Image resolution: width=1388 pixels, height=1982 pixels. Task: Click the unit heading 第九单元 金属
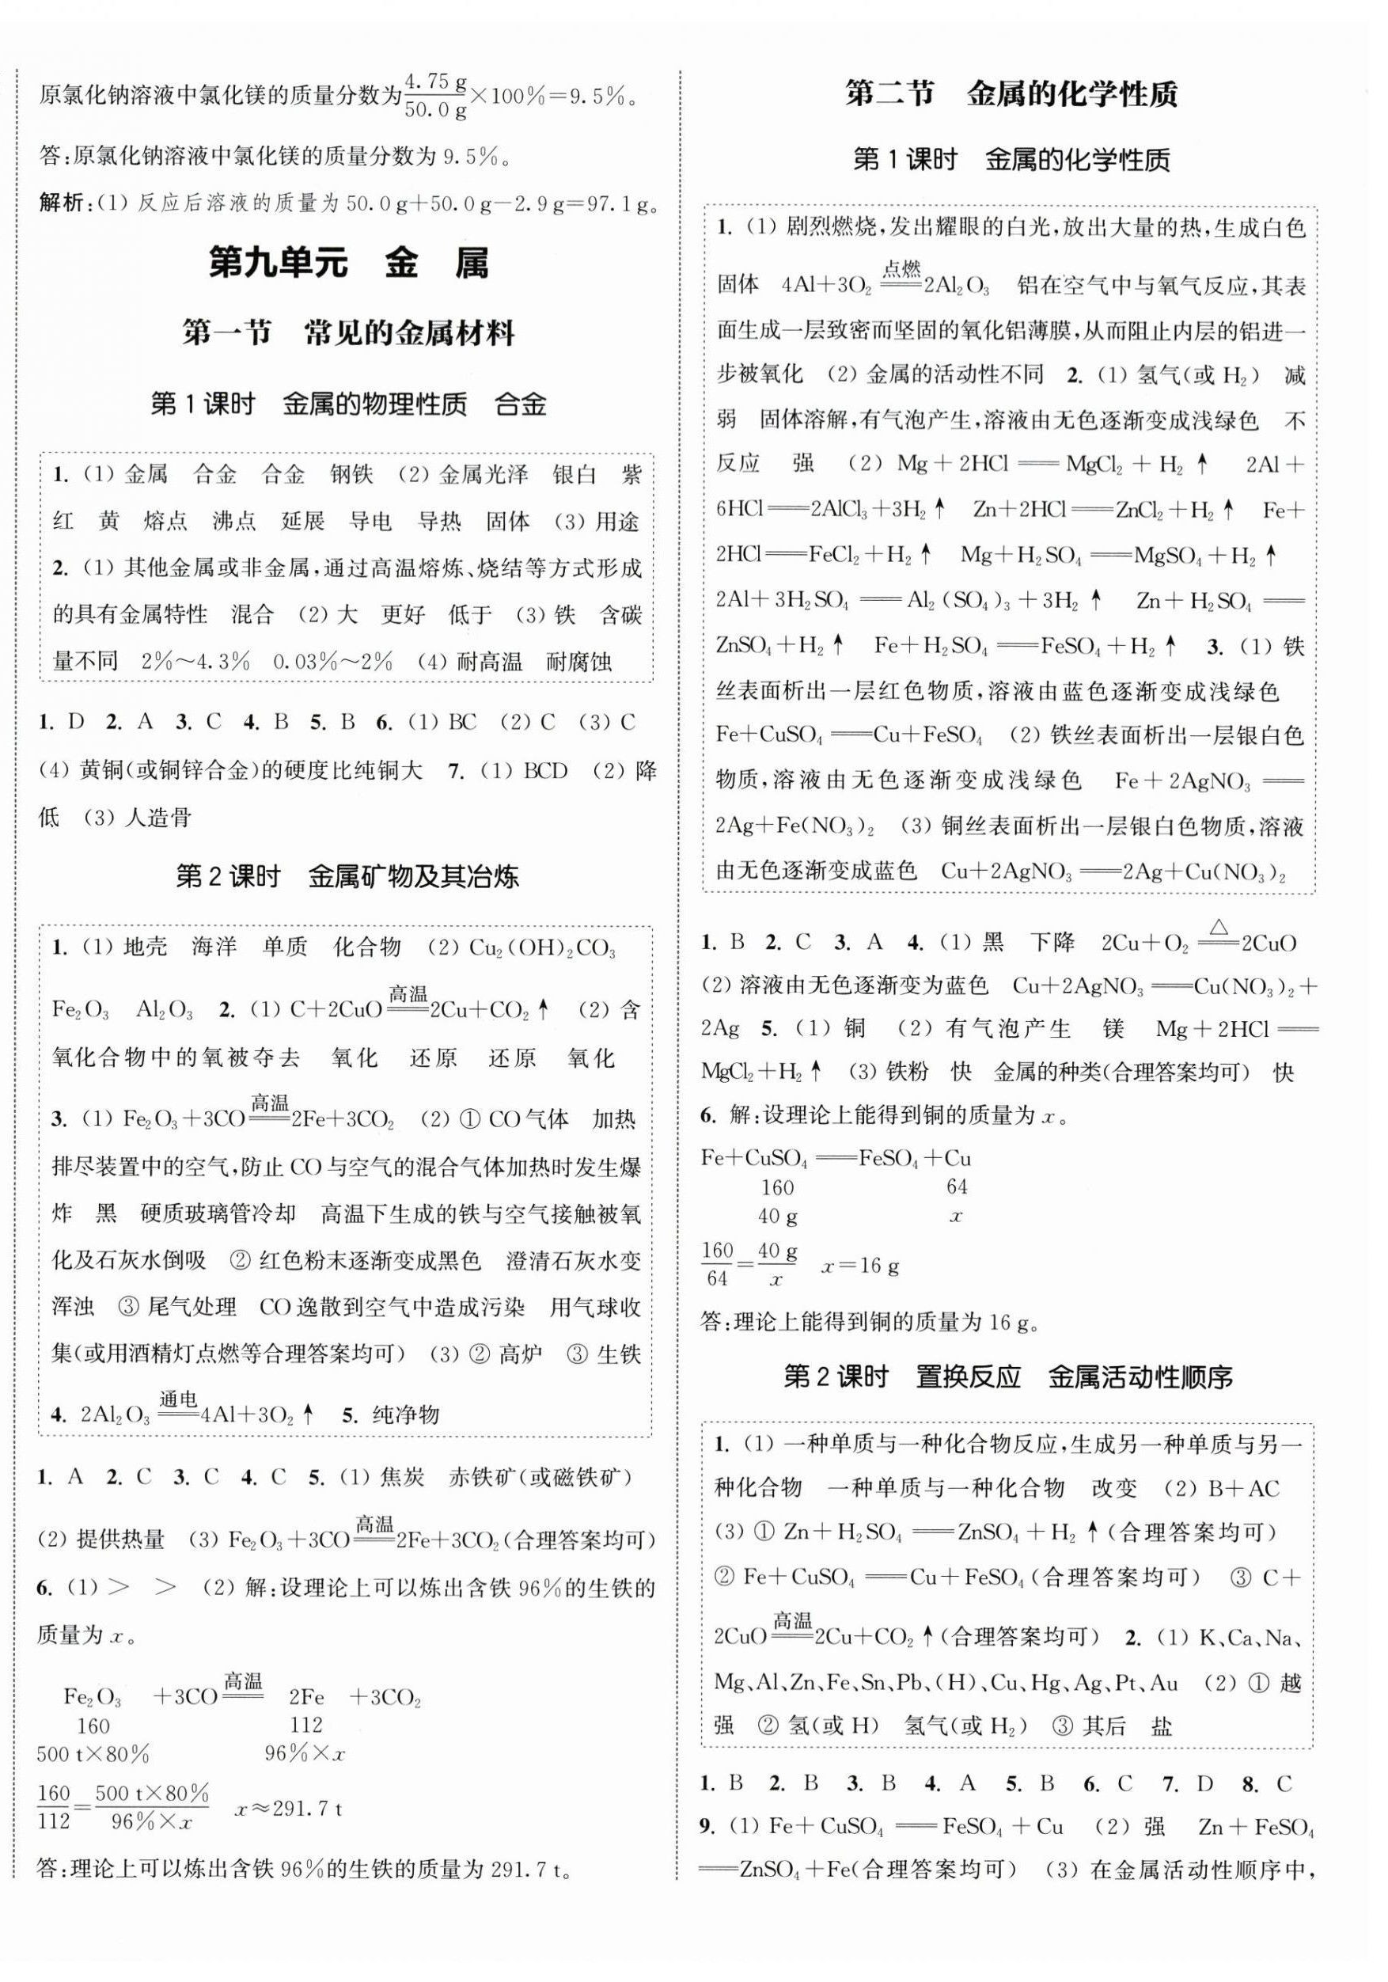349,264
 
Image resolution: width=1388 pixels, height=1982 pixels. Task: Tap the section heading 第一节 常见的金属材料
349,333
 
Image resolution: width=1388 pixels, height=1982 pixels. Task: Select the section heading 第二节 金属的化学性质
1011,94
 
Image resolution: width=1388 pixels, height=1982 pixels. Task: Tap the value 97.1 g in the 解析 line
620,203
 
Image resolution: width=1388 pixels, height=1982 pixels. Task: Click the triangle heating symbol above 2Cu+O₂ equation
1219,928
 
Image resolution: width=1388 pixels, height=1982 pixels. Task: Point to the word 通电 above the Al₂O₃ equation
179,1399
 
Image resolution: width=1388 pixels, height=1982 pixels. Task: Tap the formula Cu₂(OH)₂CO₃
542,949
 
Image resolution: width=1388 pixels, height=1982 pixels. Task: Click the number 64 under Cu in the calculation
957,1187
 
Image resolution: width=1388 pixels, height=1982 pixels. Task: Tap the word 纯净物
406,1414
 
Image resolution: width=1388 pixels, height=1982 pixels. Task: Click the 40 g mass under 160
778,1217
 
